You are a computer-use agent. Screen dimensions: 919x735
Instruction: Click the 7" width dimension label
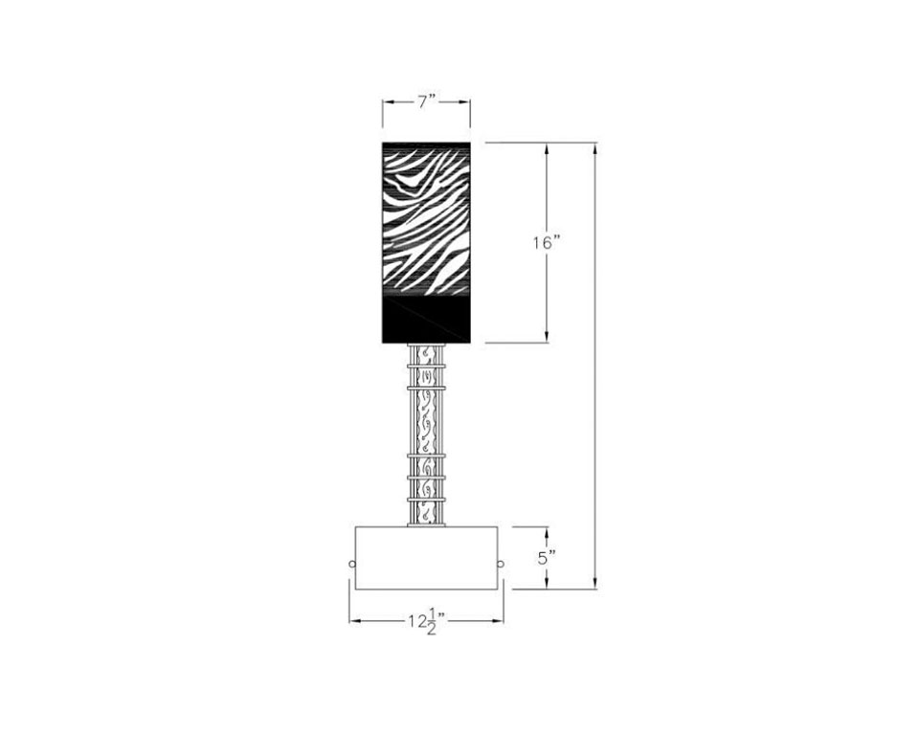pos(427,101)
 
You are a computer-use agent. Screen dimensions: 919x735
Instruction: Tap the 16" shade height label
pos(547,242)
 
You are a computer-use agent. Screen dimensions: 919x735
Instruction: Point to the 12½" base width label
pos(427,622)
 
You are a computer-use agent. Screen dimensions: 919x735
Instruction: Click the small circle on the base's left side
pos(351,565)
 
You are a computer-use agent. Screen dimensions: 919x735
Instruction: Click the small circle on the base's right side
pos(501,564)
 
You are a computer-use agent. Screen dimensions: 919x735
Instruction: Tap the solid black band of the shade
pos(427,320)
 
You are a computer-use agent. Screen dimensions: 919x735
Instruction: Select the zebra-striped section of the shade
pos(427,219)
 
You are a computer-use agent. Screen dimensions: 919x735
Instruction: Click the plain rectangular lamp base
pos(427,558)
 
